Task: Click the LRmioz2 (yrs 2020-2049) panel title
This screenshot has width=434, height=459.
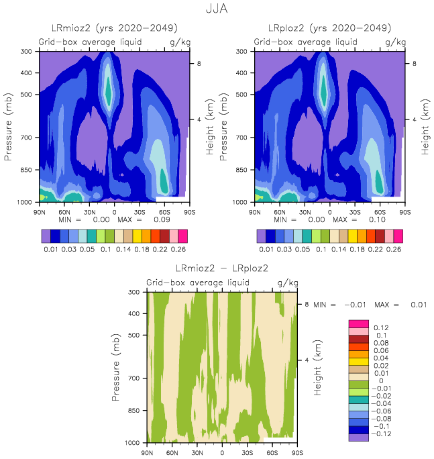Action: (115, 28)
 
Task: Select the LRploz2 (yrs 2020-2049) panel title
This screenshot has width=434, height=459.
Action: (330, 28)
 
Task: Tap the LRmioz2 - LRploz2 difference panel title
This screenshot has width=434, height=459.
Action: (221, 268)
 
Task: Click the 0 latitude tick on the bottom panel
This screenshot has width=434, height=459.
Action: (221, 453)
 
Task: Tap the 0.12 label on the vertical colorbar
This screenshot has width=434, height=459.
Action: (380, 327)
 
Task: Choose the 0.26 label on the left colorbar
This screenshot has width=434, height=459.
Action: (180, 250)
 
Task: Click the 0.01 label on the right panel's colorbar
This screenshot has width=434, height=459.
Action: (266, 250)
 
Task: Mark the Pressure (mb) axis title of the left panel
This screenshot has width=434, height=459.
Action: (9, 127)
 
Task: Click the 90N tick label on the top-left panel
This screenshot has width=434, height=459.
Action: (40, 212)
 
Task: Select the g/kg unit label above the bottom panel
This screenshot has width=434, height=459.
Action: (286, 284)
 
